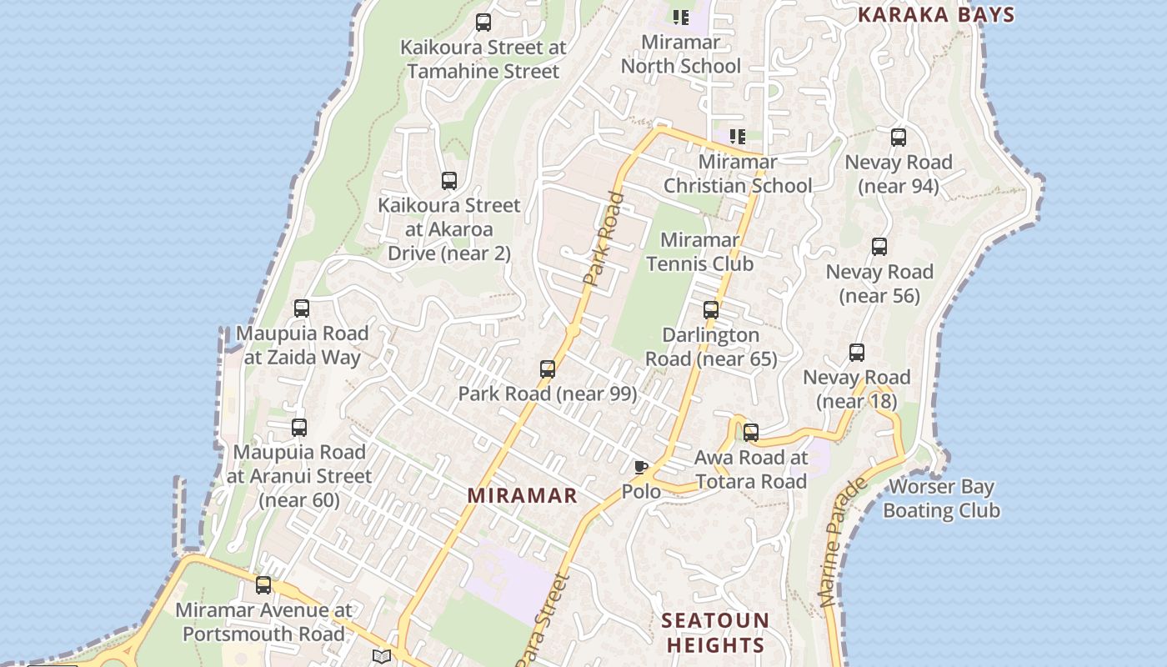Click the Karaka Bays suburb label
point(936,15)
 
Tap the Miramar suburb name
point(522,495)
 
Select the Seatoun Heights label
point(715,633)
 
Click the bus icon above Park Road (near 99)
point(548,369)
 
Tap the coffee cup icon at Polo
point(640,468)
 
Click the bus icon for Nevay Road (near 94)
point(898,138)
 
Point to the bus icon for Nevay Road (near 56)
point(879,247)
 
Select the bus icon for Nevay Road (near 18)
point(856,353)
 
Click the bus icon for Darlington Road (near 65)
point(711,310)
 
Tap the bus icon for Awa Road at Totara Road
point(751,433)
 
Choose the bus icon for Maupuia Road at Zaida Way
point(302,308)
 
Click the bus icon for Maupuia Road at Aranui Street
point(299,428)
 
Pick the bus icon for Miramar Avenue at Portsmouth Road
point(263,585)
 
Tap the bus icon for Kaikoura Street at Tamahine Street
point(483,23)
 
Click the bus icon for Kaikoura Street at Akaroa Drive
point(449,180)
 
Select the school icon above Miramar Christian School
point(737,136)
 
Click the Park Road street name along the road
point(604,239)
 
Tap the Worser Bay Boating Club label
point(942,499)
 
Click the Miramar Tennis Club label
point(700,252)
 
